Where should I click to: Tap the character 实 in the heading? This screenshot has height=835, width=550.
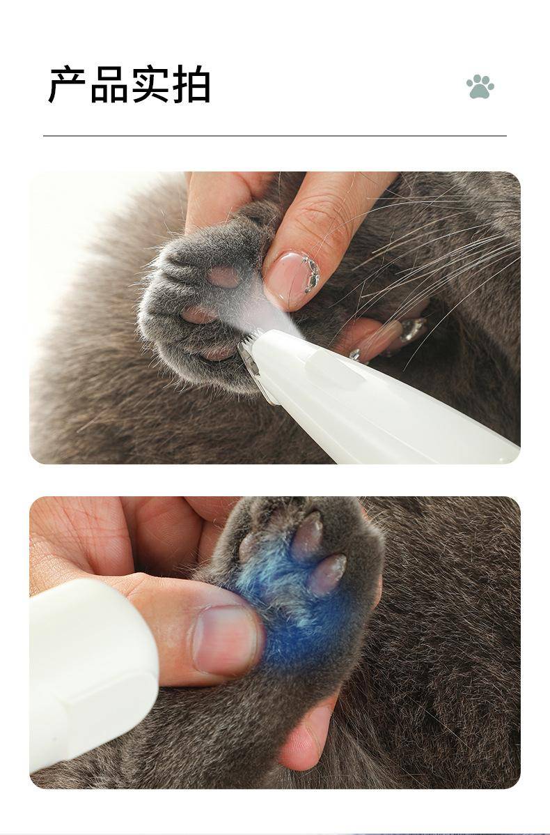(x=150, y=84)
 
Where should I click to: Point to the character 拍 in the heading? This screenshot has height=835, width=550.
(x=191, y=84)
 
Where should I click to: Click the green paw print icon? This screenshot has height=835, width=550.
(x=480, y=87)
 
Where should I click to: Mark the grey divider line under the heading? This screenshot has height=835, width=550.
(x=274, y=136)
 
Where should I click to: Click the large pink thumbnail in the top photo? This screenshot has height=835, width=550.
(x=292, y=279)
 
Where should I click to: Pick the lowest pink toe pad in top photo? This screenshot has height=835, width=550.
(x=217, y=352)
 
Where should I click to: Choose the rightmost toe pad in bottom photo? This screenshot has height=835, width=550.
(x=327, y=574)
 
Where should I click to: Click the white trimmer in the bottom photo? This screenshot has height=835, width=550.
(x=93, y=673)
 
